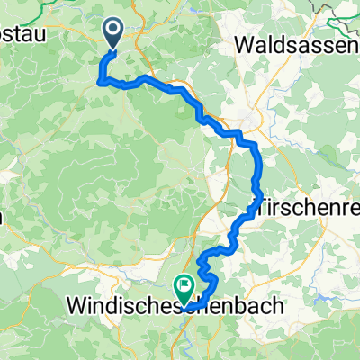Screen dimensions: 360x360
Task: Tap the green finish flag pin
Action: [x=185, y=288]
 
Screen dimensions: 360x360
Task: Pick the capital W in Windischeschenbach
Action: [x=76, y=306]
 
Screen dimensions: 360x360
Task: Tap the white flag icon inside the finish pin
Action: [x=185, y=286]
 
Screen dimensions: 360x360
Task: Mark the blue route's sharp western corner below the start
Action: [x=99, y=82]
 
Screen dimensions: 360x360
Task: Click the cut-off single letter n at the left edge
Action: [x=3, y=216]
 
